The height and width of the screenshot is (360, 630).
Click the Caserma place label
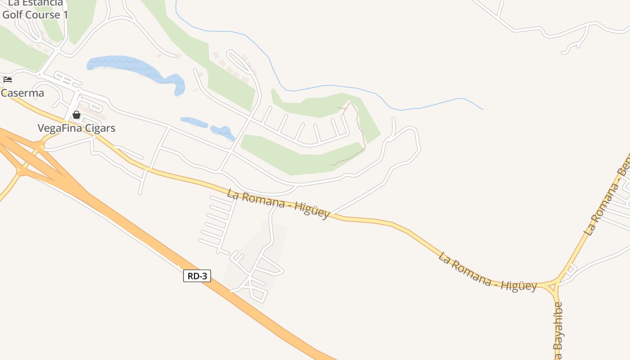[22, 93]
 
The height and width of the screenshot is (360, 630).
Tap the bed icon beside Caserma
[7, 80]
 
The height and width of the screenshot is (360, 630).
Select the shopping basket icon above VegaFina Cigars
[76, 115]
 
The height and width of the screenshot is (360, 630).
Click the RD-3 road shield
[197, 276]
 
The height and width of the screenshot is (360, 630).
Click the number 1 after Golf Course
[65, 15]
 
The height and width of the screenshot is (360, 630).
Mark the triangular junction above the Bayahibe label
[553, 285]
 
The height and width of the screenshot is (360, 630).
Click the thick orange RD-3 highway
[252, 306]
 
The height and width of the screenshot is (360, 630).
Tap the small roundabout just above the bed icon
[40, 74]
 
